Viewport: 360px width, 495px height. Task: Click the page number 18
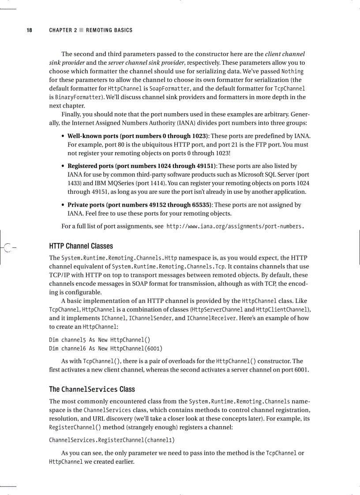29,30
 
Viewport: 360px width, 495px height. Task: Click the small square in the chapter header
81,30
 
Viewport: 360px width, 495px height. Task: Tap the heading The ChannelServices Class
92,389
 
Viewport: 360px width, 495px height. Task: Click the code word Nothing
292,71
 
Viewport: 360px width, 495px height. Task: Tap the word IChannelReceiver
208,318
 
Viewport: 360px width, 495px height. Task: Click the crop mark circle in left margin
7,246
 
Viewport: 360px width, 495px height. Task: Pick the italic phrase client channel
285,54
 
